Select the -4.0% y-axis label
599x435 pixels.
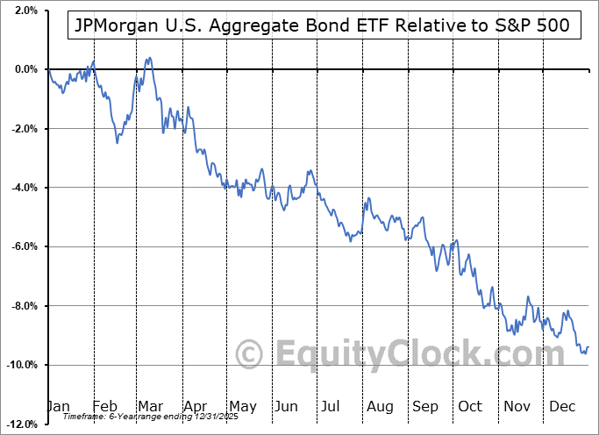click(25, 188)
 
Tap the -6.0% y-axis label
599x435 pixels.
click(25, 246)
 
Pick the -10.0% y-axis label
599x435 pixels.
click(22, 365)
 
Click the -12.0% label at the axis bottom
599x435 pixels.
click(22, 424)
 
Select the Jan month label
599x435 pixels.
click(58, 406)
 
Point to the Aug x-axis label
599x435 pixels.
click(380, 406)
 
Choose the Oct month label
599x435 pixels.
click(471, 406)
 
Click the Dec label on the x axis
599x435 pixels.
click(562, 406)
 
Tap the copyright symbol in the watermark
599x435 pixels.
click(250, 354)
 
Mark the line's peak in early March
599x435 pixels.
click(149, 58)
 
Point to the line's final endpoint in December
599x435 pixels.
click(588, 347)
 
